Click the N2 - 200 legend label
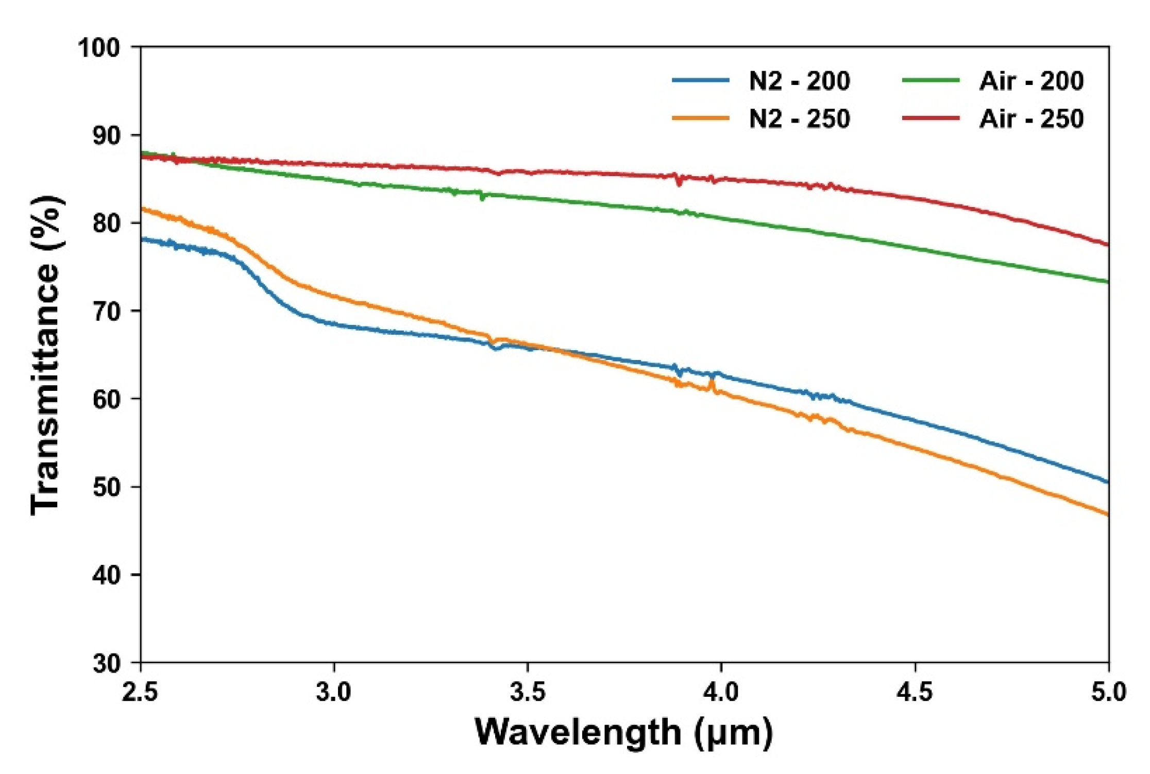point(799,81)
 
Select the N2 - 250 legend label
point(799,119)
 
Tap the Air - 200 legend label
point(1031,81)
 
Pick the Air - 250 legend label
point(1031,119)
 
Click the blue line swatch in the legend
point(701,80)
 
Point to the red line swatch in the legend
point(931,118)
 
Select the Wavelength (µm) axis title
point(623,732)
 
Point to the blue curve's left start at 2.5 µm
point(142,238)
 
